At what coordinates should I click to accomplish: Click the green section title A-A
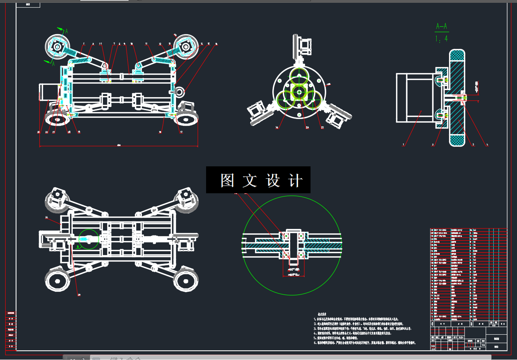[x=441, y=27]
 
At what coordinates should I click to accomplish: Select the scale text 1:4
[x=441, y=39]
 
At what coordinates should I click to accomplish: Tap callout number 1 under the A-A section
[x=404, y=145]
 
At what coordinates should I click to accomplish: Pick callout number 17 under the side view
[x=181, y=132]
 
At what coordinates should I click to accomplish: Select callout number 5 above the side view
[x=83, y=43]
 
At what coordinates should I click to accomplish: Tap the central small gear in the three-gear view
[x=299, y=92]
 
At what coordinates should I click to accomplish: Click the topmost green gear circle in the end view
[x=299, y=76]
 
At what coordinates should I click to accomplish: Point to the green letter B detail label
[x=78, y=247]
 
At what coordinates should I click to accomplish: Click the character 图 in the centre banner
[x=227, y=180]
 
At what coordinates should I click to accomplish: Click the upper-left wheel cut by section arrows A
[x=57, y=47]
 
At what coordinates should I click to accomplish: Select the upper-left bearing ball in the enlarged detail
[x=286, y=235]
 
